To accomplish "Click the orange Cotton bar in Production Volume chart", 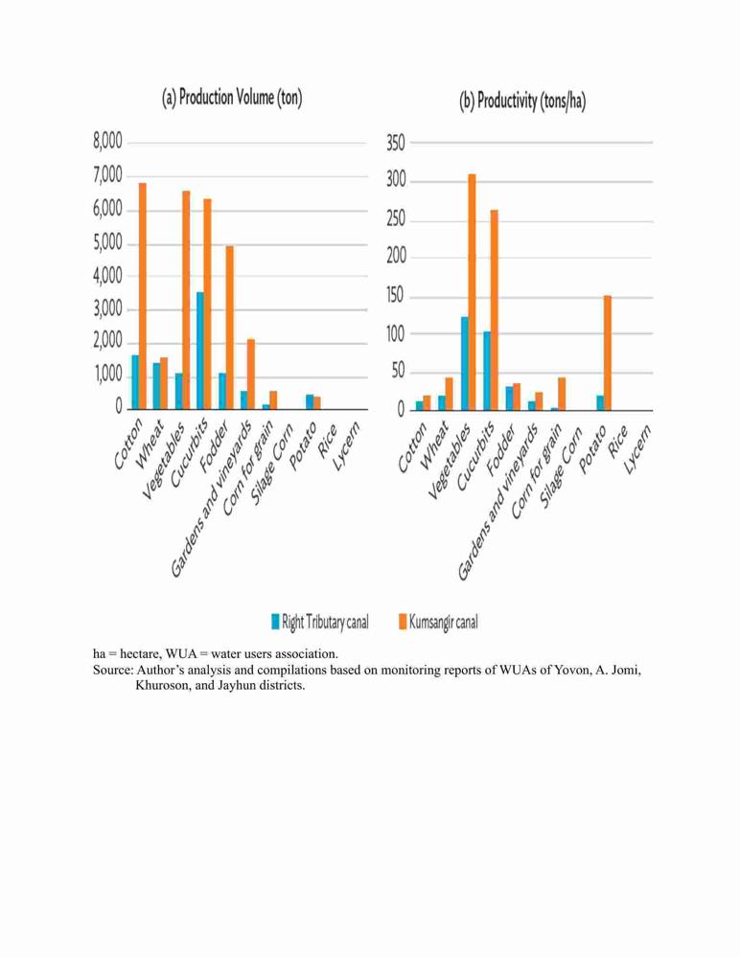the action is [x=143, y=296].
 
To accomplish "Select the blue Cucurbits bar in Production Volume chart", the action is [x=200, y=351].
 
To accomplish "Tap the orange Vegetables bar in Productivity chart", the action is [x=473, y=292].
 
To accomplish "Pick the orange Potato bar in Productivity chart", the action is [x=608, y=353].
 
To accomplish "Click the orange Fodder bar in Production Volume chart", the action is [x=229, y=328].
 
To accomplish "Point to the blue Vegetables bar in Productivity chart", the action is [x=465, y=363].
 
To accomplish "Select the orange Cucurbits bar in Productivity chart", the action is [x=495, y=309].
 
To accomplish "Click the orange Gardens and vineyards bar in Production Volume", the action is [x=251, y=374].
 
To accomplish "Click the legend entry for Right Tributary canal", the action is [x=320, y=622].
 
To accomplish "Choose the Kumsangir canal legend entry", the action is [x=438, y=622].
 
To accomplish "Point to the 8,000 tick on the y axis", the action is [x=107, y=142].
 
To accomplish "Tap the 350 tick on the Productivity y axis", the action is [x=396, y=144].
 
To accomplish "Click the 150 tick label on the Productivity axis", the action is [x=396, y=296].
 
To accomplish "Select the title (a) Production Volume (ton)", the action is [x=232, y=98].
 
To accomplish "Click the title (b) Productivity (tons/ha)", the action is [x=522, y=101].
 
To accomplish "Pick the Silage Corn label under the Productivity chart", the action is [x=562, y=468].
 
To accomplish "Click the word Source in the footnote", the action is [x=112, y=670].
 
